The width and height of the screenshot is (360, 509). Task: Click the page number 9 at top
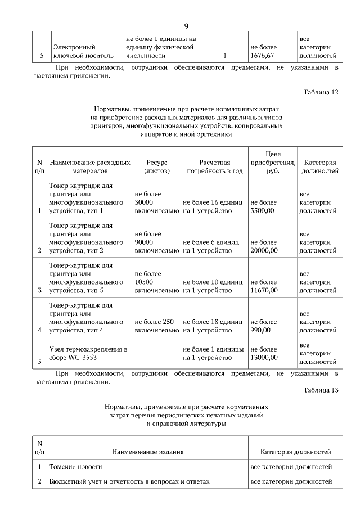coord(186,26)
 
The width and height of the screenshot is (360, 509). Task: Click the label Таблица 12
coord(320,92)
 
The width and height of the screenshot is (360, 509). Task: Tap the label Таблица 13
coord(320,390)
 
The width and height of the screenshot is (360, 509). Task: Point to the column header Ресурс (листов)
coord(156,165)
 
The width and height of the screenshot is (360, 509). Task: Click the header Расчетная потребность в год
coord(214,165)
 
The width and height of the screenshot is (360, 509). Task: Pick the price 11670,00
coord(264,291)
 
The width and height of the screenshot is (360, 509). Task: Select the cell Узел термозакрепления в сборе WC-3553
coord(88,353)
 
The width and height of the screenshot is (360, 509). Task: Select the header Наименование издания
coord(147,452)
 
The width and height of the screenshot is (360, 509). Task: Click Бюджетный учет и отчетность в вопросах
coord(129,482)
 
